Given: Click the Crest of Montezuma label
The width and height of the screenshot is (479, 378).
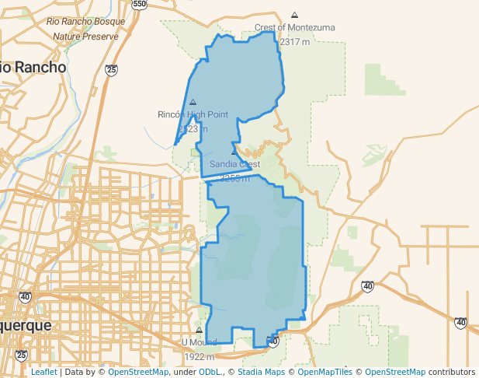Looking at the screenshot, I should coord(295,28).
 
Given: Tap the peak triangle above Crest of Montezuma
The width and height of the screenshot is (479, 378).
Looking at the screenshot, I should coord(294,15).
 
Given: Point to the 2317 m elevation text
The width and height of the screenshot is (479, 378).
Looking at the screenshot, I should coord(295,42).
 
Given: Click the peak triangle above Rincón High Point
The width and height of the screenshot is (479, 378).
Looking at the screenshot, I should coord(193,102).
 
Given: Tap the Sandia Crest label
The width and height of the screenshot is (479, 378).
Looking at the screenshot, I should coord(234,164).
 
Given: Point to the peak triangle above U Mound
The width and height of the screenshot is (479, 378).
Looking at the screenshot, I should coord(199,331).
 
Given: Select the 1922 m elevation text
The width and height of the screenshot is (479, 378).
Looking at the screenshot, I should coord(199,357).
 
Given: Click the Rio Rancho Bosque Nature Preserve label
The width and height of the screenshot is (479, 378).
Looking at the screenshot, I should coord(86,30).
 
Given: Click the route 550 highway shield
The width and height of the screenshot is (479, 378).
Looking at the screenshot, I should coord(139,4).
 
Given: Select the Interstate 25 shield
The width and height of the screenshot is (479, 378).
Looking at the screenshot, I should coord(112,70).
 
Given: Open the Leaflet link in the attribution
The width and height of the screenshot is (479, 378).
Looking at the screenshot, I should coord(43,372).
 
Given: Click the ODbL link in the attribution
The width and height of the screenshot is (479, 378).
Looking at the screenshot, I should coord(210,372).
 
